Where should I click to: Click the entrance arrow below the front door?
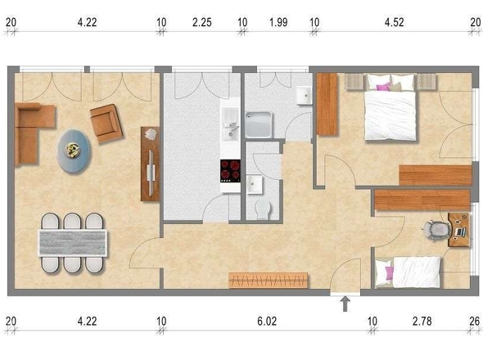click(345, 304)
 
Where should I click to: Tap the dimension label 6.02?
click(267, 322)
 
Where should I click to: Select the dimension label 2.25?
click(201, 22)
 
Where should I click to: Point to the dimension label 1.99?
click(278, 22)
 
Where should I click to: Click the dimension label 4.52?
click(394, 22)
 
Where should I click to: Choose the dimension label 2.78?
click(422, 322)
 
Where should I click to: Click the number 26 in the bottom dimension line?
click(475, 322)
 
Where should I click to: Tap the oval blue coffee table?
click(74, 151)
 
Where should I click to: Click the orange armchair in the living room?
click(106, 124)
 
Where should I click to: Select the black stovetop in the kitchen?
click(230, 171)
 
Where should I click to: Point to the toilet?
click(263, 209)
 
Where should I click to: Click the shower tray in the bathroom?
click(259, 124)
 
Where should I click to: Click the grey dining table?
click(72, 243)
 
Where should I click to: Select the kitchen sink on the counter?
click(230, 128)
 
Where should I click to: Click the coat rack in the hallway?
click(269, 281)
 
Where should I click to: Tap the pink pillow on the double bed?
click(383, 87)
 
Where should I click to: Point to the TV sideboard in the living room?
click(150, 164)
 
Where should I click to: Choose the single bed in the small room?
click(409, 272)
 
